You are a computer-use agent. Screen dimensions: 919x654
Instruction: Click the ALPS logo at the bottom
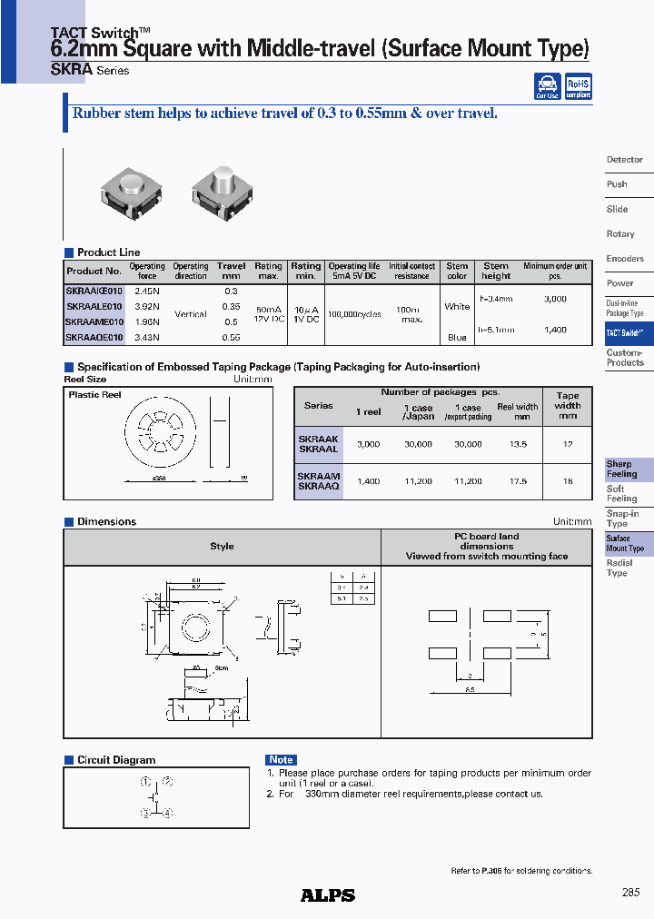point(328,894)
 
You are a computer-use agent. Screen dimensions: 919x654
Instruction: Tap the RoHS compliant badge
point(577,87)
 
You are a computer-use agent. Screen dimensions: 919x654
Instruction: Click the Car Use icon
point(547,87)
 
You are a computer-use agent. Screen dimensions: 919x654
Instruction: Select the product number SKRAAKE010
point(94,291)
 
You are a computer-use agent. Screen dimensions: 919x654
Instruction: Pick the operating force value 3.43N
point(146,337)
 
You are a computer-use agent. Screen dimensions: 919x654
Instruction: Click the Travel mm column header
point(232,272)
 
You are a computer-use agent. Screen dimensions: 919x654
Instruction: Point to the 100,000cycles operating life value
point(354,314)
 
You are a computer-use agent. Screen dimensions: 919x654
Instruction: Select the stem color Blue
point(457,337)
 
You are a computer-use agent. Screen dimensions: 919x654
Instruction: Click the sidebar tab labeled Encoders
point(625,259)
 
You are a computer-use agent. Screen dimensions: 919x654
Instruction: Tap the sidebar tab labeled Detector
point(625,160)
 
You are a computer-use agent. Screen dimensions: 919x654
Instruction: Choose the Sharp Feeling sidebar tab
point(622,469)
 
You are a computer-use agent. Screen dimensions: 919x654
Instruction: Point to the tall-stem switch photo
point(221,193)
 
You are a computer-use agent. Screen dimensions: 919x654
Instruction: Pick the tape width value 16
point(568,481)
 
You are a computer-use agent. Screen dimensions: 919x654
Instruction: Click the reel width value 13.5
point(518,445)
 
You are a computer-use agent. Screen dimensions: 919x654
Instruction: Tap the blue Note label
point(282,760)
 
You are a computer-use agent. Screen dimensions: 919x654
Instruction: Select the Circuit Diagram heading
point(115,760)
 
